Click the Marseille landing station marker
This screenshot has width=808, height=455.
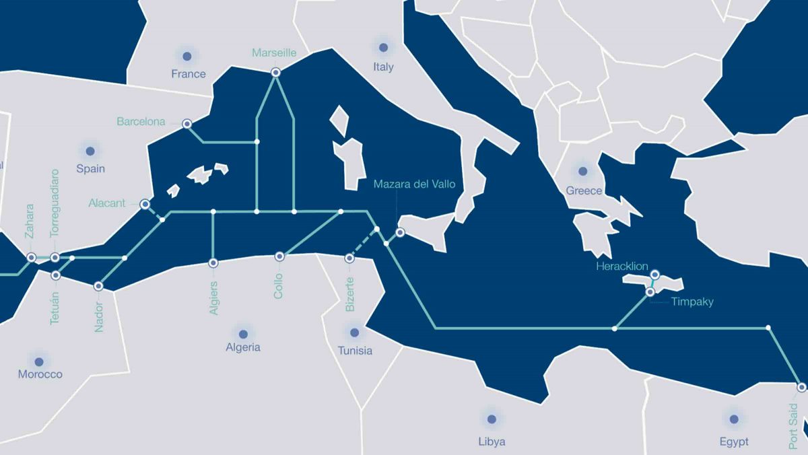275,73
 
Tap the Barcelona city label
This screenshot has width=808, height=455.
141,122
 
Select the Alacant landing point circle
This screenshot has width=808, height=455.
145,203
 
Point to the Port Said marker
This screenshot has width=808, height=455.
801,387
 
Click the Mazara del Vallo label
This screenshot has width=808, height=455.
414,184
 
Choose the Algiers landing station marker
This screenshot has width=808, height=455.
213,263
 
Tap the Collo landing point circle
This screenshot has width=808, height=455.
279,256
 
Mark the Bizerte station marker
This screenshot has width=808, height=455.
349,258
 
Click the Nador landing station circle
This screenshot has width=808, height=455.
99,286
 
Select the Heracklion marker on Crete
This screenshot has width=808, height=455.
654,275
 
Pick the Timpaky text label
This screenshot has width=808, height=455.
692,302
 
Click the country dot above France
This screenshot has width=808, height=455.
187,56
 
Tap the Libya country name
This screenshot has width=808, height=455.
492,442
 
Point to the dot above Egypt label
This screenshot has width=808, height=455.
733,419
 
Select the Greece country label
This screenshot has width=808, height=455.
584,190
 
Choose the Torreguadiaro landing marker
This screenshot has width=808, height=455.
55,258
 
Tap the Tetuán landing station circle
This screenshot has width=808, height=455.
56,275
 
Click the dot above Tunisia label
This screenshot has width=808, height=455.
354,332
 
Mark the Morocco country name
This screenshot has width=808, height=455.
40,374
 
